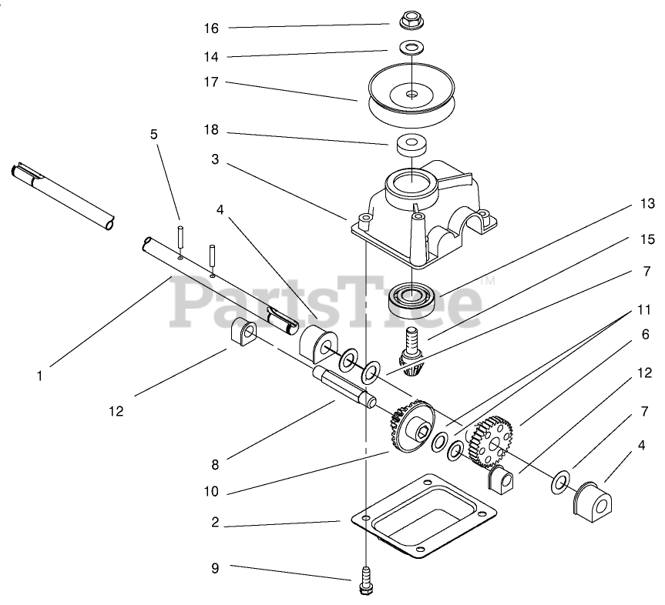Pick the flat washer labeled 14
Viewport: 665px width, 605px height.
[413, 48]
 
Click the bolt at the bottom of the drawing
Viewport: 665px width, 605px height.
[365, 580]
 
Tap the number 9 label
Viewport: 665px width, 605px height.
[215, 568]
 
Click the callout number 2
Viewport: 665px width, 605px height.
[215, 522]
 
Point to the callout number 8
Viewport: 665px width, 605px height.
[215, 464]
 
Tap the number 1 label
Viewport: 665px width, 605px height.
[39, 377]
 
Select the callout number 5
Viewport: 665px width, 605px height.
[153, 134]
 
